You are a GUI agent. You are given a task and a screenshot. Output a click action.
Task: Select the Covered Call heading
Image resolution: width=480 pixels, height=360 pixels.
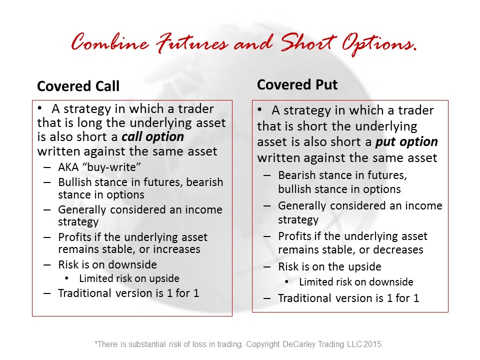point(78,86)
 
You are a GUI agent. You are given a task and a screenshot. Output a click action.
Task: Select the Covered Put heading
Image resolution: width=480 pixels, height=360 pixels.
point(297,84)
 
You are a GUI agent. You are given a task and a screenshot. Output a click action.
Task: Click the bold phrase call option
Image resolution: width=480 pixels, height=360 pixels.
point(153,137)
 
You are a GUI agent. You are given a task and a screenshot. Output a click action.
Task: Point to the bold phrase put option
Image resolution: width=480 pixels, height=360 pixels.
point(406,142)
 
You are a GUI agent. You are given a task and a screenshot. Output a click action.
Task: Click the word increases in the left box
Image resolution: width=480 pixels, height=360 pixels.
point(176,249)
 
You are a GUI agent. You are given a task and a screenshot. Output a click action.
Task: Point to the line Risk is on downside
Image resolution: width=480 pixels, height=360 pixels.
point(107,264)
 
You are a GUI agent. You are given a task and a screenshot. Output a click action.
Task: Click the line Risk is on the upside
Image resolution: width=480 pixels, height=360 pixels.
point(329,266)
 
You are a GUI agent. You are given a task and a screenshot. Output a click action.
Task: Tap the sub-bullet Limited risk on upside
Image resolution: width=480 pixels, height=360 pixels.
point(129,278)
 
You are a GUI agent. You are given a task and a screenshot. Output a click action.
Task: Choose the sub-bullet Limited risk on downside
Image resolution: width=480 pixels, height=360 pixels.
point(356,281)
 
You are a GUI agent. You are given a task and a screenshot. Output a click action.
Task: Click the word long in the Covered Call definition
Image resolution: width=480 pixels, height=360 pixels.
point(89,123)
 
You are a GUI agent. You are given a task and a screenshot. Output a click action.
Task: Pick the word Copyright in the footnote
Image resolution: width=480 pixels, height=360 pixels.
point(263,344)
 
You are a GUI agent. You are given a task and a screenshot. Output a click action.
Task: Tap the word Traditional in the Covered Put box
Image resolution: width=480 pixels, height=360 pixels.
point(304,298)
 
